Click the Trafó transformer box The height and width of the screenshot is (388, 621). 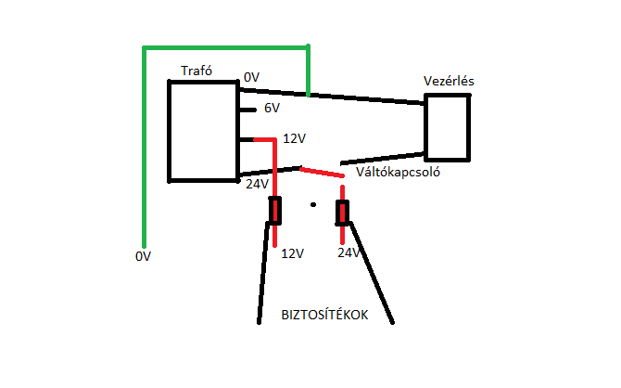click(203, 130)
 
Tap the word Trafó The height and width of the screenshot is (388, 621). click(196, 71)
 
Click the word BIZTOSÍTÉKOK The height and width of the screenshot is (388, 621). click(324, 315)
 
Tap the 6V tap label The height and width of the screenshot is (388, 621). click(272, 109)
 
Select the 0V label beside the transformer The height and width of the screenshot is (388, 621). click(252, 77)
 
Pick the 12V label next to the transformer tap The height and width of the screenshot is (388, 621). click(294, 138)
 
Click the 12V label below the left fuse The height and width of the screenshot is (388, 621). click(292, 252)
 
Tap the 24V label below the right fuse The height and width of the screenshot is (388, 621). click(348, 252)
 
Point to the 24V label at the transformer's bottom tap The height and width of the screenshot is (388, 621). click(257, 184)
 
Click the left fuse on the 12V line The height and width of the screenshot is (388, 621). click(275, 212)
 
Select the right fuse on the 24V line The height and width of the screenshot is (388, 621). click(343, 213)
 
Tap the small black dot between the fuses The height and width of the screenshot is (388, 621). click(313, 204)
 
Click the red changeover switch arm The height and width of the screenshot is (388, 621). click(321, 172)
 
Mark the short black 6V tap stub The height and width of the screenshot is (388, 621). click(247, 110)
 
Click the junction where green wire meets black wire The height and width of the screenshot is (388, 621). click(308, 94)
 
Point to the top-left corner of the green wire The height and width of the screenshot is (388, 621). click(144, 47)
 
